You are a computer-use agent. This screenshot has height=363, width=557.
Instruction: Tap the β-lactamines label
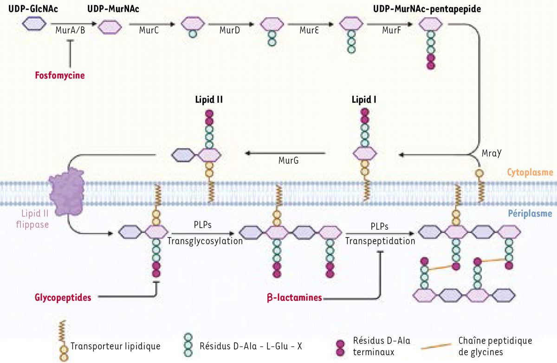click(295, 298)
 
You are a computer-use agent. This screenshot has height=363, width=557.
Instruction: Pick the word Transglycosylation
click(205, 241)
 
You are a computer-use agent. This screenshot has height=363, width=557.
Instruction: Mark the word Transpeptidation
click(381, 241)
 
